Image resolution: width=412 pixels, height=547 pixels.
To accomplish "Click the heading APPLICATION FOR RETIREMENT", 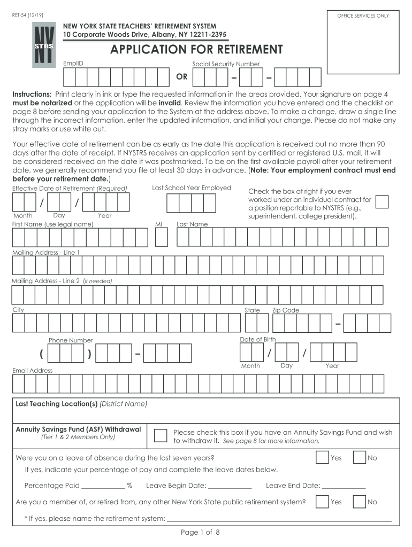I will click(x=196, y=50).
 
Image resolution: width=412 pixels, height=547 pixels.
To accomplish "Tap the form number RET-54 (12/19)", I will click(x=28, y=15).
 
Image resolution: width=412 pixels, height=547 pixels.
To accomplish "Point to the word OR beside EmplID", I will click(x=182, y=77).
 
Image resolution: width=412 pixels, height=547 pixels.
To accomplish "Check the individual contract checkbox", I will click(x=382, y=201).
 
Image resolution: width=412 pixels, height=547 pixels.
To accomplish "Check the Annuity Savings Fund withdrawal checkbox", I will click(x=161, y=435).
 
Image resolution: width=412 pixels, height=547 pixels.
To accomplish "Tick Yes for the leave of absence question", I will click(x=322, y=458).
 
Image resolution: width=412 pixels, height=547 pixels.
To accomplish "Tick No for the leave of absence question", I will click(x=358, y=458).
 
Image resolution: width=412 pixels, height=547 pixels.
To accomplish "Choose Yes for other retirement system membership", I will click(x=322, y=502).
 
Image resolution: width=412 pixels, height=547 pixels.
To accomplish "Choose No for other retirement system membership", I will click(x=358, y=502).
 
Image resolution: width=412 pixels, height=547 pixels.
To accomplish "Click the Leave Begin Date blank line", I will click(x=229, y=487).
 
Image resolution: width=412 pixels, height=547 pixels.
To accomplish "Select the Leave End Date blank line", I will click(x=344, y=487).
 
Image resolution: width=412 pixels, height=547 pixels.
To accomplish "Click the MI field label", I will click(x=159, y=224).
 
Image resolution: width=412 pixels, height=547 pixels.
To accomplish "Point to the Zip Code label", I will click(x=286, y=310).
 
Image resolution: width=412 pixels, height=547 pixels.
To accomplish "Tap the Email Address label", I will click(x=33, y=370).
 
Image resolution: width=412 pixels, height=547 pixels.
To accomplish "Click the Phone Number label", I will click(x=71, y=340).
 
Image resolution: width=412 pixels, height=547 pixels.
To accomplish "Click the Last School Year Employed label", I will click(x=191, y=187).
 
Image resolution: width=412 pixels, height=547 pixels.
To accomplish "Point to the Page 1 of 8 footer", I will click(x=200, y=533).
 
